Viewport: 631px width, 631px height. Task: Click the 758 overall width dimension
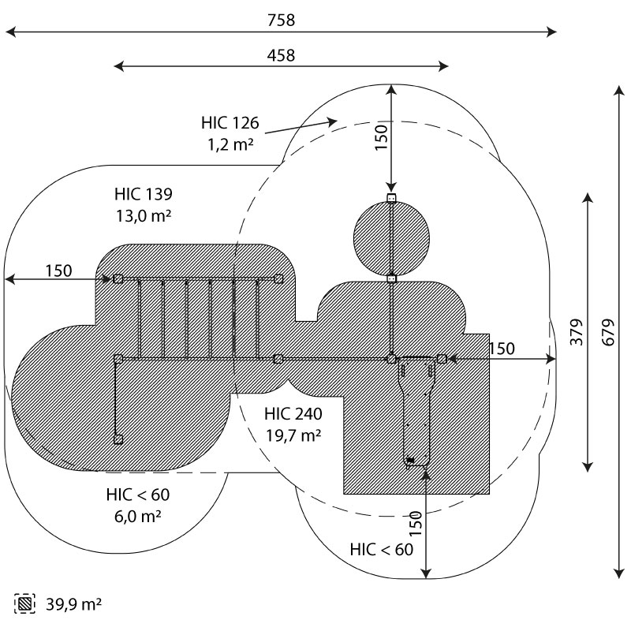click(281, 21)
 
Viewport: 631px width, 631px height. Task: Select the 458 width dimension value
click(281, 55)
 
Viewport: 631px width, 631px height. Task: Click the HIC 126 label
click(230, 123)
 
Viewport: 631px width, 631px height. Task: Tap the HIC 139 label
click(143, 194)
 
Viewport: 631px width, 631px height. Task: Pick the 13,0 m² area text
click(143, 215)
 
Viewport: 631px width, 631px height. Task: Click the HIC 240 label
click(293, 413)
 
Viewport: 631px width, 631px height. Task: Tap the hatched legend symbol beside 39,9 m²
click(25, 605)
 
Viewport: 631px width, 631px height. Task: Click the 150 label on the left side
click(58, 271)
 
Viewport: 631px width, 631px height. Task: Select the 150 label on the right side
click(502, 349)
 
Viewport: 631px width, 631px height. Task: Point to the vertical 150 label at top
click(381, 137)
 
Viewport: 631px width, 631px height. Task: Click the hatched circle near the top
click(391, 237)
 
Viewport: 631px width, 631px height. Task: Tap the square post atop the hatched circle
click(391, 198)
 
